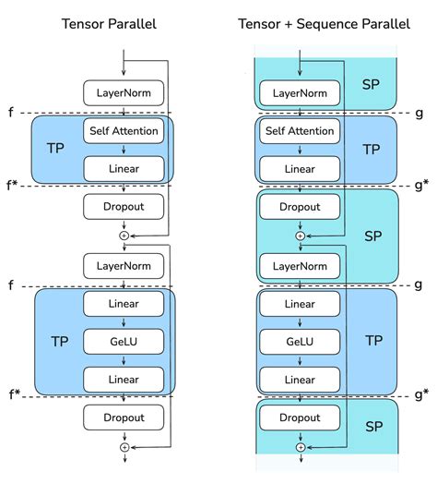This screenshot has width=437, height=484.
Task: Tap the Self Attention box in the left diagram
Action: click(x=124, y=131)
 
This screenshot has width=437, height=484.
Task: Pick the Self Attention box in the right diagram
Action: click(x=300, y=131)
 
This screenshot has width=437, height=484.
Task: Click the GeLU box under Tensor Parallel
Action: click(x=124, y=340)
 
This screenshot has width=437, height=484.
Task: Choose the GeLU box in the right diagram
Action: click(x=300, y=340)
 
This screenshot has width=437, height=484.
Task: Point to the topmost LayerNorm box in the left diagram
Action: click(x=124, y=92)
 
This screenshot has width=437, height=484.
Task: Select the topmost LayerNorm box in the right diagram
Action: click(x=300, y=92)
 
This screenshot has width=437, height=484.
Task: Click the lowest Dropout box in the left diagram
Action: click(x=124, y=417)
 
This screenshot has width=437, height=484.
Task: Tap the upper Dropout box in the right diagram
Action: click(x=300, y=207)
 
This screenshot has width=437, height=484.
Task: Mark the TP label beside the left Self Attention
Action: click(x=55, y=148)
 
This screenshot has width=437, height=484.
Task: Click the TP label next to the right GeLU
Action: click(x=373, y=340)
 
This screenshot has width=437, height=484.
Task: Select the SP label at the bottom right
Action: click(x=372, y=427)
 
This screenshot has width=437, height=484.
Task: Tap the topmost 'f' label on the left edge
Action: click(x=12, y=113)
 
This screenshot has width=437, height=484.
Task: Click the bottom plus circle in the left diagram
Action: click(x=124, y=447)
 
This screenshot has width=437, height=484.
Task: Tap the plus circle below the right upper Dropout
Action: click(x=300, y=236)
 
